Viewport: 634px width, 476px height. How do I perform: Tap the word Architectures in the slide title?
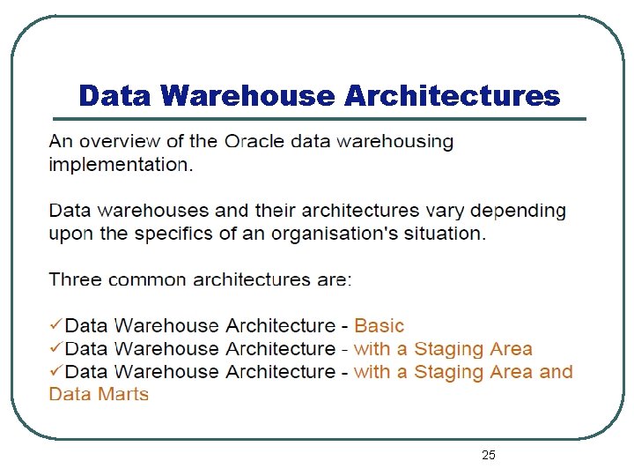click(x=452, y=95)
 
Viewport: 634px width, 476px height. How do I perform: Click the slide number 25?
click(x=489, y=455)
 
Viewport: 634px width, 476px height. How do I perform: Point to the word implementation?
click(x=117, y=164)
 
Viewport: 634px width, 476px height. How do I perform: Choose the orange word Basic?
click(x=380, y=326)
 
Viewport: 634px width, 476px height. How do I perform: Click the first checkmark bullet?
click(x=55, y=326)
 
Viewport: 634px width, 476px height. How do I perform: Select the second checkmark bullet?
click(x=55, y=349)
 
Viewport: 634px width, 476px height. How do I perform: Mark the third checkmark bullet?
click(x=55, y=372)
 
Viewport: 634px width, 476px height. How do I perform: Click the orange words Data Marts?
click(x=99, y=394)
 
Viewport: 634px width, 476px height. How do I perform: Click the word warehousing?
click(x=396, y=141)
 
